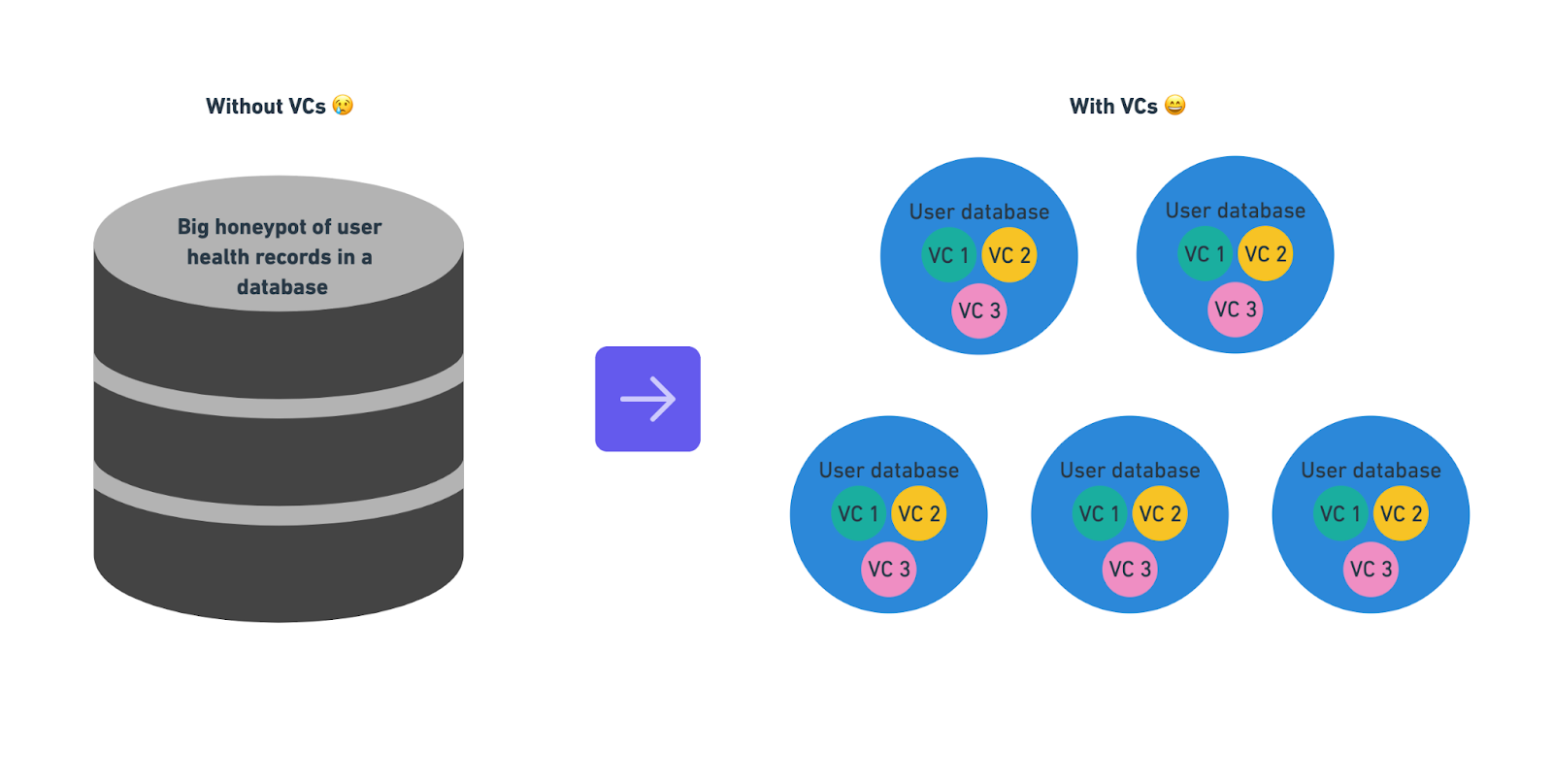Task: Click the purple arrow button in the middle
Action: click(x=647, y=399)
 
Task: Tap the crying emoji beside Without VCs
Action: click(x=343, y=105)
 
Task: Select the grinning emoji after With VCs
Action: click(x=1174, y=105)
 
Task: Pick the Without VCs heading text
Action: click(x=265, y=107)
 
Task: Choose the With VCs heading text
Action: click(x=1113, y=107)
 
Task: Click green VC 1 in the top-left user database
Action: click(x=948, y=255)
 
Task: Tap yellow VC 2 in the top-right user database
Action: click(x=1266, y=254)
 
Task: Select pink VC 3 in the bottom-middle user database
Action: click(x=1130, y=569)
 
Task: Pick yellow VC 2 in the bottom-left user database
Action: click(x=918, y=513)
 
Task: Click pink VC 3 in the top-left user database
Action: click(x=979, y=310)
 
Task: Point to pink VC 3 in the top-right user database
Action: click(x=1236, y=310)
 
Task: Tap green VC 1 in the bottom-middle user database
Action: click(x=1100, y=513)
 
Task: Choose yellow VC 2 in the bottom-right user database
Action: click(x=1401, y=513)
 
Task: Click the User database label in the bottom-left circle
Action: click(x=888, y=471)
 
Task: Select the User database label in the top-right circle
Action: click(x=1235, y=211)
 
